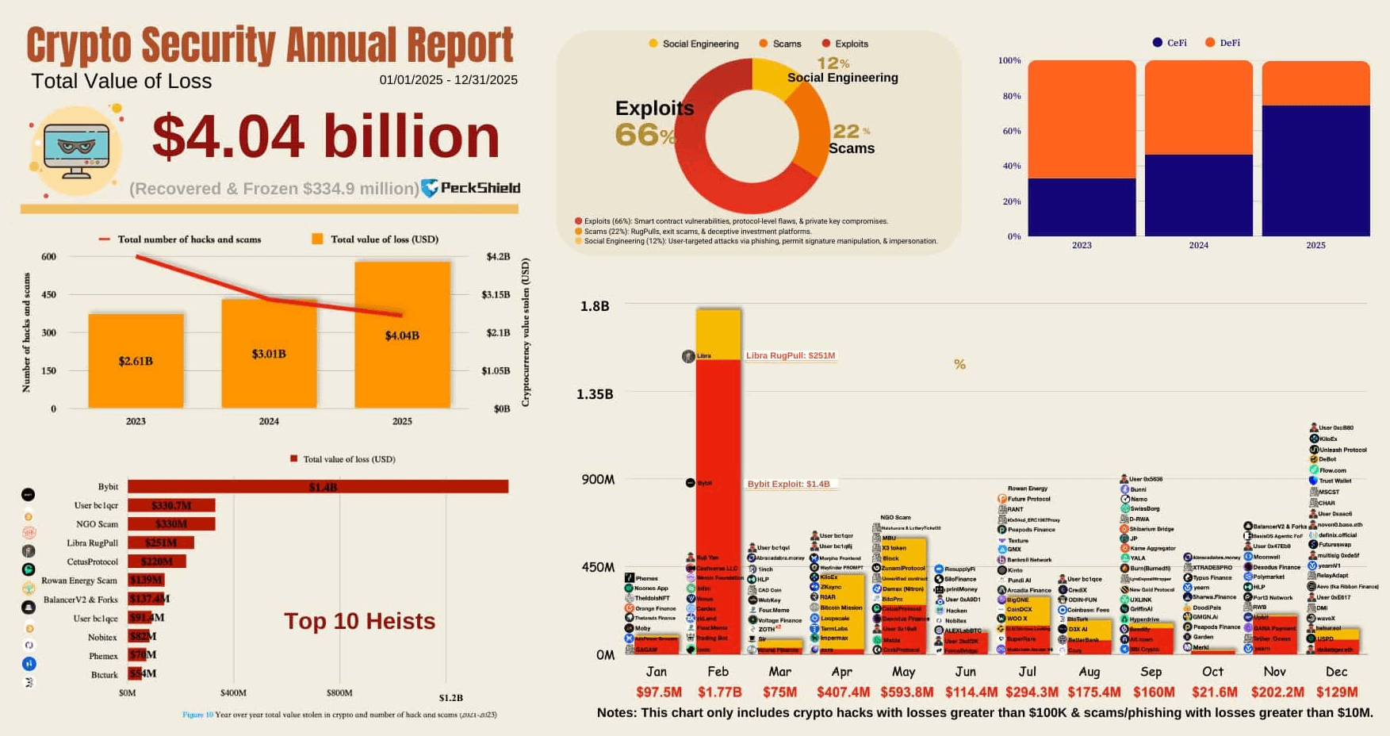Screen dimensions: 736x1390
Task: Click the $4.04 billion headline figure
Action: click(x=325, y=136)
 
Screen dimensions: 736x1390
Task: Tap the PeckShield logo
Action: click(x=470, y=188)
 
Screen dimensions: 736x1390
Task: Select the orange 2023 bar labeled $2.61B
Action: click(x=136, y=361)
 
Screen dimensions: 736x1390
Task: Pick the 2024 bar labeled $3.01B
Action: click(x=269, y=354)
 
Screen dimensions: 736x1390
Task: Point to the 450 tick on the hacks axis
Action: click(x=48, y=294)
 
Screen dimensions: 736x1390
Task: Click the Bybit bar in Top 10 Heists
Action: click(x=317, y=487)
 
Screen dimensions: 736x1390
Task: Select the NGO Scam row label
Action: click(x=97, y=524)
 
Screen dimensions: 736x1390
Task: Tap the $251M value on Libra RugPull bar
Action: click(x=161, y=542)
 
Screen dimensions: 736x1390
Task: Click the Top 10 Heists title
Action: click(x=359, y=621)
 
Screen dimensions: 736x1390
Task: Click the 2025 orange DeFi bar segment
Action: click(x=1315, y=83)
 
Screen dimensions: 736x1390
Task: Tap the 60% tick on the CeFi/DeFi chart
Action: click(x=1011, y=131)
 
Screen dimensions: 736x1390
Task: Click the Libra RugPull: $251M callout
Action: click(x=790, y=355)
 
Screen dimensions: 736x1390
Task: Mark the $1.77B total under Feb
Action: click(x=719, y=692)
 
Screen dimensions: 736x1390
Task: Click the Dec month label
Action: click(x=1336, y=671)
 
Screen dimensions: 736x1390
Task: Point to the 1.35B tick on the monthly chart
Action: click(x=595, y=394)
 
